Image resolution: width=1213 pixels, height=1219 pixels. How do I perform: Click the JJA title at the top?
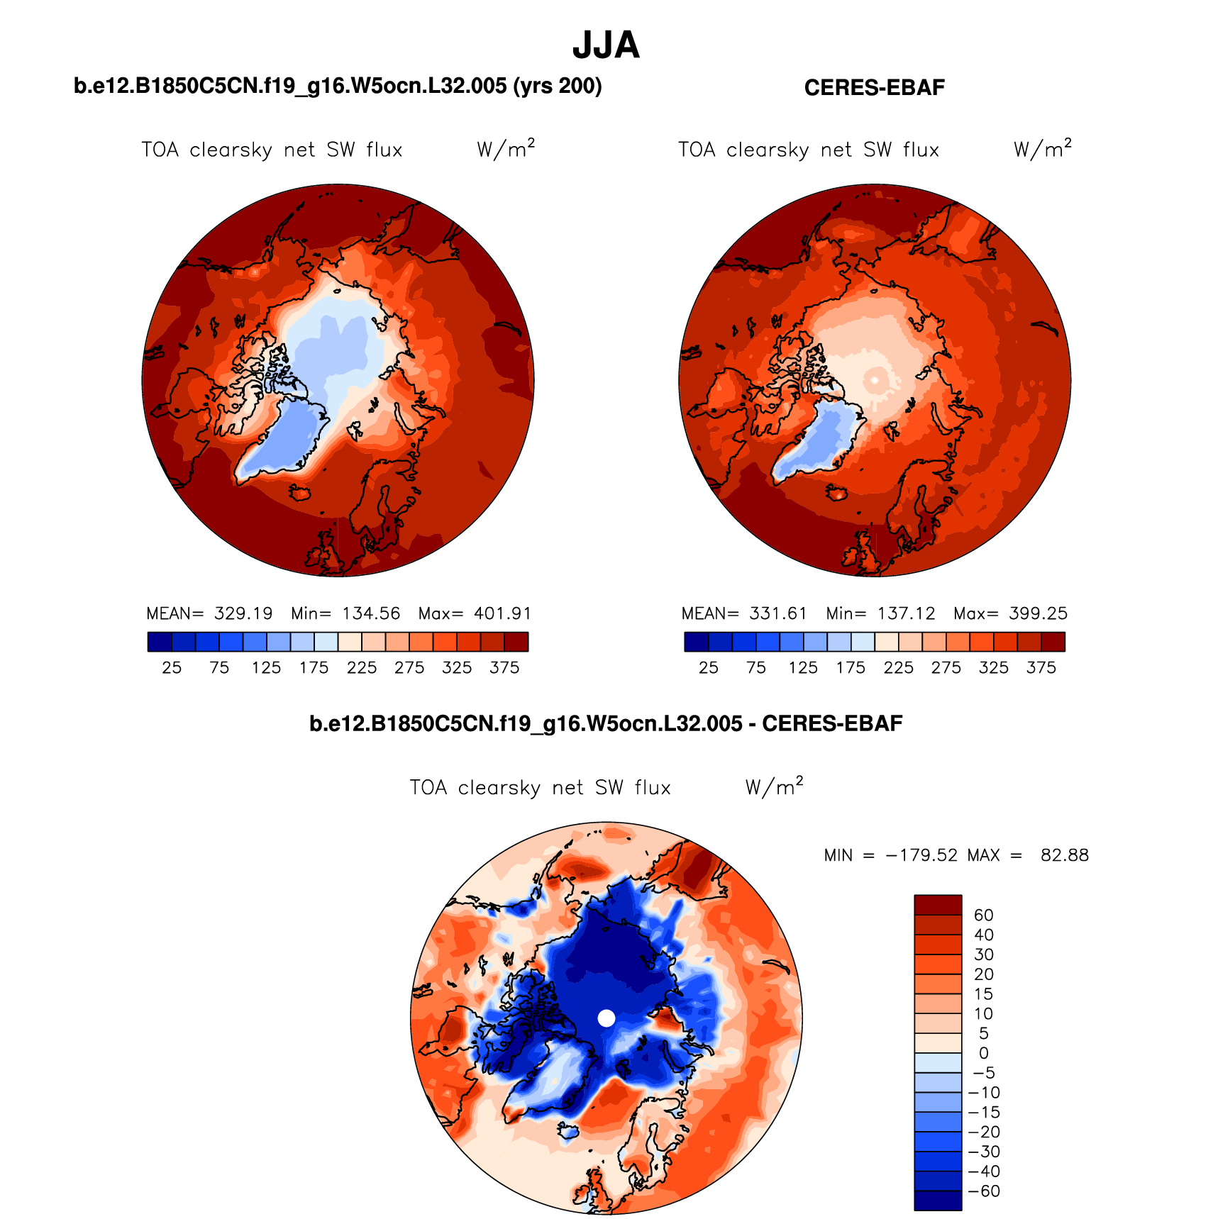click(x=606, y=45)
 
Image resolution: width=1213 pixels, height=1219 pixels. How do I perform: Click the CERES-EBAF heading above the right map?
click(x=874, y=88)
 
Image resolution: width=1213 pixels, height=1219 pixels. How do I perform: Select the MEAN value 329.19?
click(x=243, y=613)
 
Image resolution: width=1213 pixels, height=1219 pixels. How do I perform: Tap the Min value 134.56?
click(x=371, y=613)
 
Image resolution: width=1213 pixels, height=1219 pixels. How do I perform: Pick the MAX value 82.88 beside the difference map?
click(x=1064, y=855)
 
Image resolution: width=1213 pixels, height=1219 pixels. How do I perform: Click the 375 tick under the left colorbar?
click(x=504, y=668)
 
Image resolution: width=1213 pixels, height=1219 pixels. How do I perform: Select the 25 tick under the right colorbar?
click(x=708, y=668)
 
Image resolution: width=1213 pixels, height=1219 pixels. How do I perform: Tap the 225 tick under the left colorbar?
click(x=362, y=668)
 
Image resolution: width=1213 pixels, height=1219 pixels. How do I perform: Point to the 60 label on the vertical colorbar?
click(x=983, y=915)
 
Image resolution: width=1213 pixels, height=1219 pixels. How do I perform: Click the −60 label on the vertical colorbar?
click(x=984, y=1191)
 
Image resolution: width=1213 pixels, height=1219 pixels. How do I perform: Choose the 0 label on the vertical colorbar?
click(x=983, y=1053)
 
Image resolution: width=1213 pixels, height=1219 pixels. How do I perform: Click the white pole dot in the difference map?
click(x=606, y=1018)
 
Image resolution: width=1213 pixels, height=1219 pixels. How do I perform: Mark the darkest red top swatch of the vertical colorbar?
click(x=938, y=905)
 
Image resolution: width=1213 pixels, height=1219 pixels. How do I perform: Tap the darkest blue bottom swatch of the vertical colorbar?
click(x=938, y=1201)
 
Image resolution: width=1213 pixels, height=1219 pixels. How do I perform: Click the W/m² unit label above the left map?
click(x=505, y=149)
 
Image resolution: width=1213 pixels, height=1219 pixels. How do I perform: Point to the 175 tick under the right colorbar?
click(x=851, y=668)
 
